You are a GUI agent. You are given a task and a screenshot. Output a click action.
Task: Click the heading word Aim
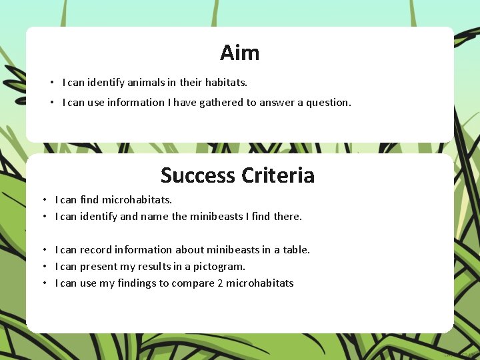coord(239,53)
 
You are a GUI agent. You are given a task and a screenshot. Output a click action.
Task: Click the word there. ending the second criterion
coord(287,217)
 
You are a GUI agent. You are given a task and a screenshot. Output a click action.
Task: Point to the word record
coord(95,250)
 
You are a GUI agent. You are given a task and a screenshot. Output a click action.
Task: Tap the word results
coord(159,267)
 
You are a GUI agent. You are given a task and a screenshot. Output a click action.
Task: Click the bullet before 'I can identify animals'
coord(51,83)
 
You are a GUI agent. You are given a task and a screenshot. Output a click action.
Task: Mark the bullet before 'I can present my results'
coord(44,267)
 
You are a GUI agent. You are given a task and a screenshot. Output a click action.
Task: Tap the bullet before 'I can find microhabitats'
coord(44,200)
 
